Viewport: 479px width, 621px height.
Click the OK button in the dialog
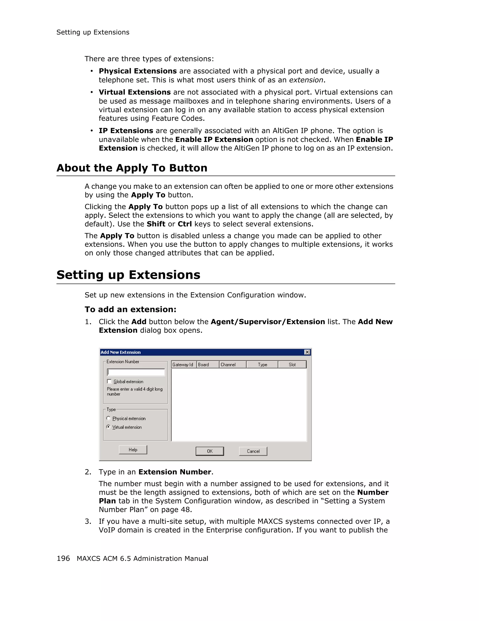coord(210,451)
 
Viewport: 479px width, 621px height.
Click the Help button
coord(133,450)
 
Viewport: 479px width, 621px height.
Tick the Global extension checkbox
coord(109,381)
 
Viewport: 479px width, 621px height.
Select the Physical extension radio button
coord(108,418)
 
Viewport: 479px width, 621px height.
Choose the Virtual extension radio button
coord(108,427)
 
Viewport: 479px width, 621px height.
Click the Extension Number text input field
coord(136,372)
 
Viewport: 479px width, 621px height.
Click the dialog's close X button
coord(307,352)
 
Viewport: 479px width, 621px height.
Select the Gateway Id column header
coord(183,364)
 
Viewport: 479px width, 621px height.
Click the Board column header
coord(207,364)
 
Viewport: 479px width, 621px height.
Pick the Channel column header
coord(232,364)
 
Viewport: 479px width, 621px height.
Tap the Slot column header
coord(292,364)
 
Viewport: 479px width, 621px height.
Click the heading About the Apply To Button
coord(132,168)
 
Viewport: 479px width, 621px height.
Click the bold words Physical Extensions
coord(138,71)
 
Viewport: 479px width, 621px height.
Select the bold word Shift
coord(156,224)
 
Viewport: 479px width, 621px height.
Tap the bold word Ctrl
coord(185,224)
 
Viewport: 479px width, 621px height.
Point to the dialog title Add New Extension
coord(120,352)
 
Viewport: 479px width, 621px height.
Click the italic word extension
coord(306,80)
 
